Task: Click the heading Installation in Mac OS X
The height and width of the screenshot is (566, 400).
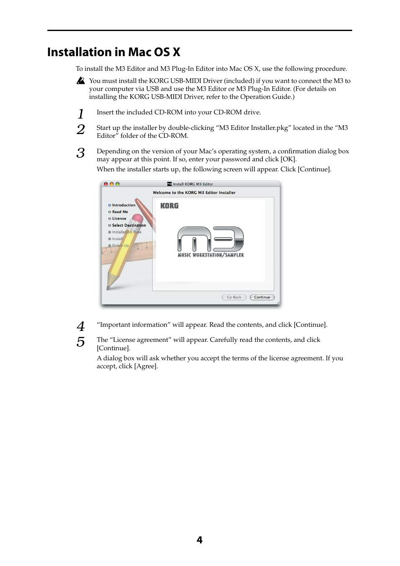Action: point(114,52)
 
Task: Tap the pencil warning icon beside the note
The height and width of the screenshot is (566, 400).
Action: point(81,80)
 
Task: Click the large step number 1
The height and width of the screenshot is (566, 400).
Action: point(81,114)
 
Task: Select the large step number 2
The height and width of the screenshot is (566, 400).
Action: point(81,129)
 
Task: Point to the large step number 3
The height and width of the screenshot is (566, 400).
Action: point(81,153)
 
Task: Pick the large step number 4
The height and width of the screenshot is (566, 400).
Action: point(81,326)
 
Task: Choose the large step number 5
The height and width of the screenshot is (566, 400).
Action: point(81,342)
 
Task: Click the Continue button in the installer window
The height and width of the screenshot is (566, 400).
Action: point(262,297)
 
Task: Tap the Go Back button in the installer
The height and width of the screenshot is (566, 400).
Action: point(234,297)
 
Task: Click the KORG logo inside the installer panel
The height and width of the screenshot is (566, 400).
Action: point(169,206)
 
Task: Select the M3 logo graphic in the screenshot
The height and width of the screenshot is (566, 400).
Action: point(210,239)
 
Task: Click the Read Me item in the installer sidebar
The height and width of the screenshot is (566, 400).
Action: point(120,212)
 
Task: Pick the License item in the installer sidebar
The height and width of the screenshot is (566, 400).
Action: point(119,219)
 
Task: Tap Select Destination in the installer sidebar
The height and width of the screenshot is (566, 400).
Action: point(129,225)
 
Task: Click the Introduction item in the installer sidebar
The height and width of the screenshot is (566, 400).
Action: point(124,205)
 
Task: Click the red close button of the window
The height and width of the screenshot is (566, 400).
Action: point(106,184)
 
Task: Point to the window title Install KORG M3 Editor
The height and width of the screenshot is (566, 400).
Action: point(193,184)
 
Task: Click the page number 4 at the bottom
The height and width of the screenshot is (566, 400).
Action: point(200,540)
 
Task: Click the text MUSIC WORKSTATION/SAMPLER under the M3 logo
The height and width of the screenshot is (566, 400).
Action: point(210,255)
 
